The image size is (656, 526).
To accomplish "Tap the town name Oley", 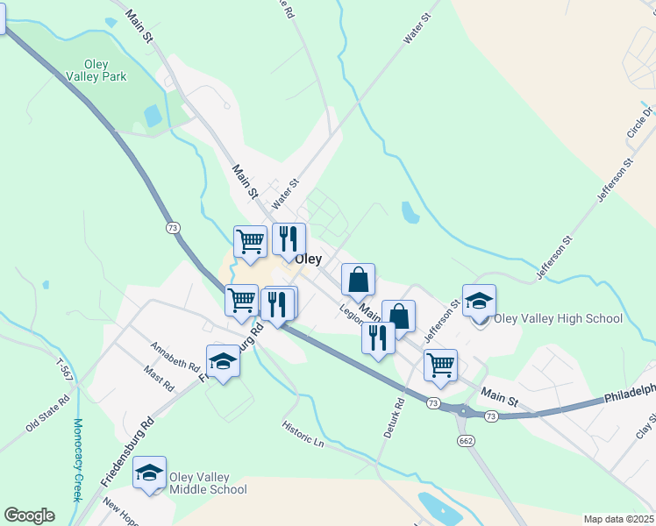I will pyautogui.click(x=308, y=259).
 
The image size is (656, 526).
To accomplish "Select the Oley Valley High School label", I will pyautogui.click(x=559, y=319).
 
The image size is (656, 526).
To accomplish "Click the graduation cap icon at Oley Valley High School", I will pyautogui.click(x=479, y=302).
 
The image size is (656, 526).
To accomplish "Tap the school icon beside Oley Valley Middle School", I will pyautogui.click(x=150, y=473).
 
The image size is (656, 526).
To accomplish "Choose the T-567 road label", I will pyautogui.click(x=64, y=370).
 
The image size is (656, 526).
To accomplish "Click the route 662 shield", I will pyautogui.click(x=466, y=440).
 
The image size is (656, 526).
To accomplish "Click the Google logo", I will pyautogui.click(x=29, y=515).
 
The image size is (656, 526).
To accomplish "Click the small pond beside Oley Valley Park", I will pyautogui.click(x=153, y=116).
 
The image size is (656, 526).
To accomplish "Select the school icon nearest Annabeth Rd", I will pyautogui.click(x=223, y=362).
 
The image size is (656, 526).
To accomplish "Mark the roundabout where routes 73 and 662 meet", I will pyautogui.click(x=462, y=410).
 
